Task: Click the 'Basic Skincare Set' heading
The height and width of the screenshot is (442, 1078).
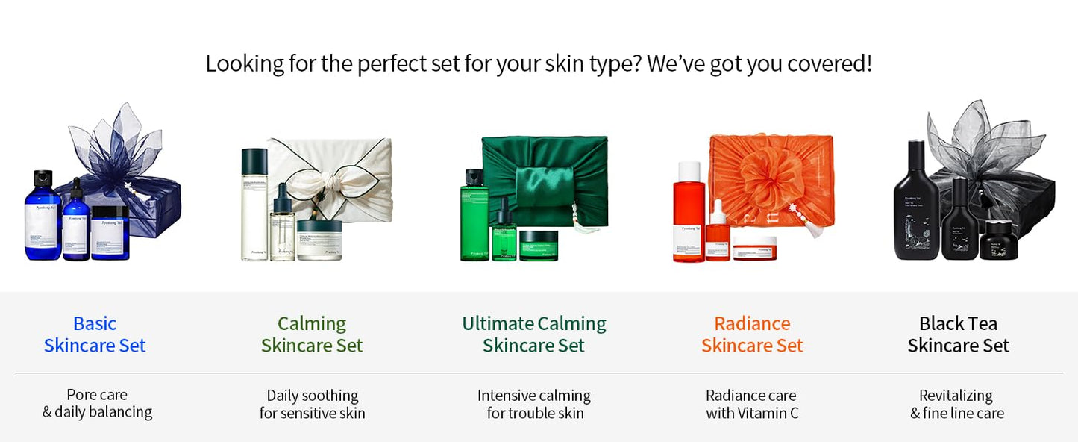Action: click(95, 334)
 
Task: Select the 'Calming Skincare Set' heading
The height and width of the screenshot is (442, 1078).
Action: click(312, 334)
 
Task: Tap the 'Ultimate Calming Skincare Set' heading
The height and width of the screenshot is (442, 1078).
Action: click(534, 334)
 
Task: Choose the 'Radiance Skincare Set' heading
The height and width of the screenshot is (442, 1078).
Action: click(752, 334)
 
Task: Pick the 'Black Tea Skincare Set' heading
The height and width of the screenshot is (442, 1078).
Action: click(958, 334)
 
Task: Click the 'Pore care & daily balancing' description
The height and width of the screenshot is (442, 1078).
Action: click(97, 403)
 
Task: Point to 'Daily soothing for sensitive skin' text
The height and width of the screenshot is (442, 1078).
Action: click(312, 404)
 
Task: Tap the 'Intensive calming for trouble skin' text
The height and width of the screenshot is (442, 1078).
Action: click(534, 404)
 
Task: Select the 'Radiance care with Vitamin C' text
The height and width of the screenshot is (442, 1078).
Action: click(752, 404)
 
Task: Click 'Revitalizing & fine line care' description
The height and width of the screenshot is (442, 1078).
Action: click(957, 404)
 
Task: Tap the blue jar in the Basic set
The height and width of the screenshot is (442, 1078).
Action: click(110, 233)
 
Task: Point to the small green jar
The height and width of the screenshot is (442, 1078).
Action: click(539, 246)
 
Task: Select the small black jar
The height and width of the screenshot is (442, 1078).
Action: click(998, 240)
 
